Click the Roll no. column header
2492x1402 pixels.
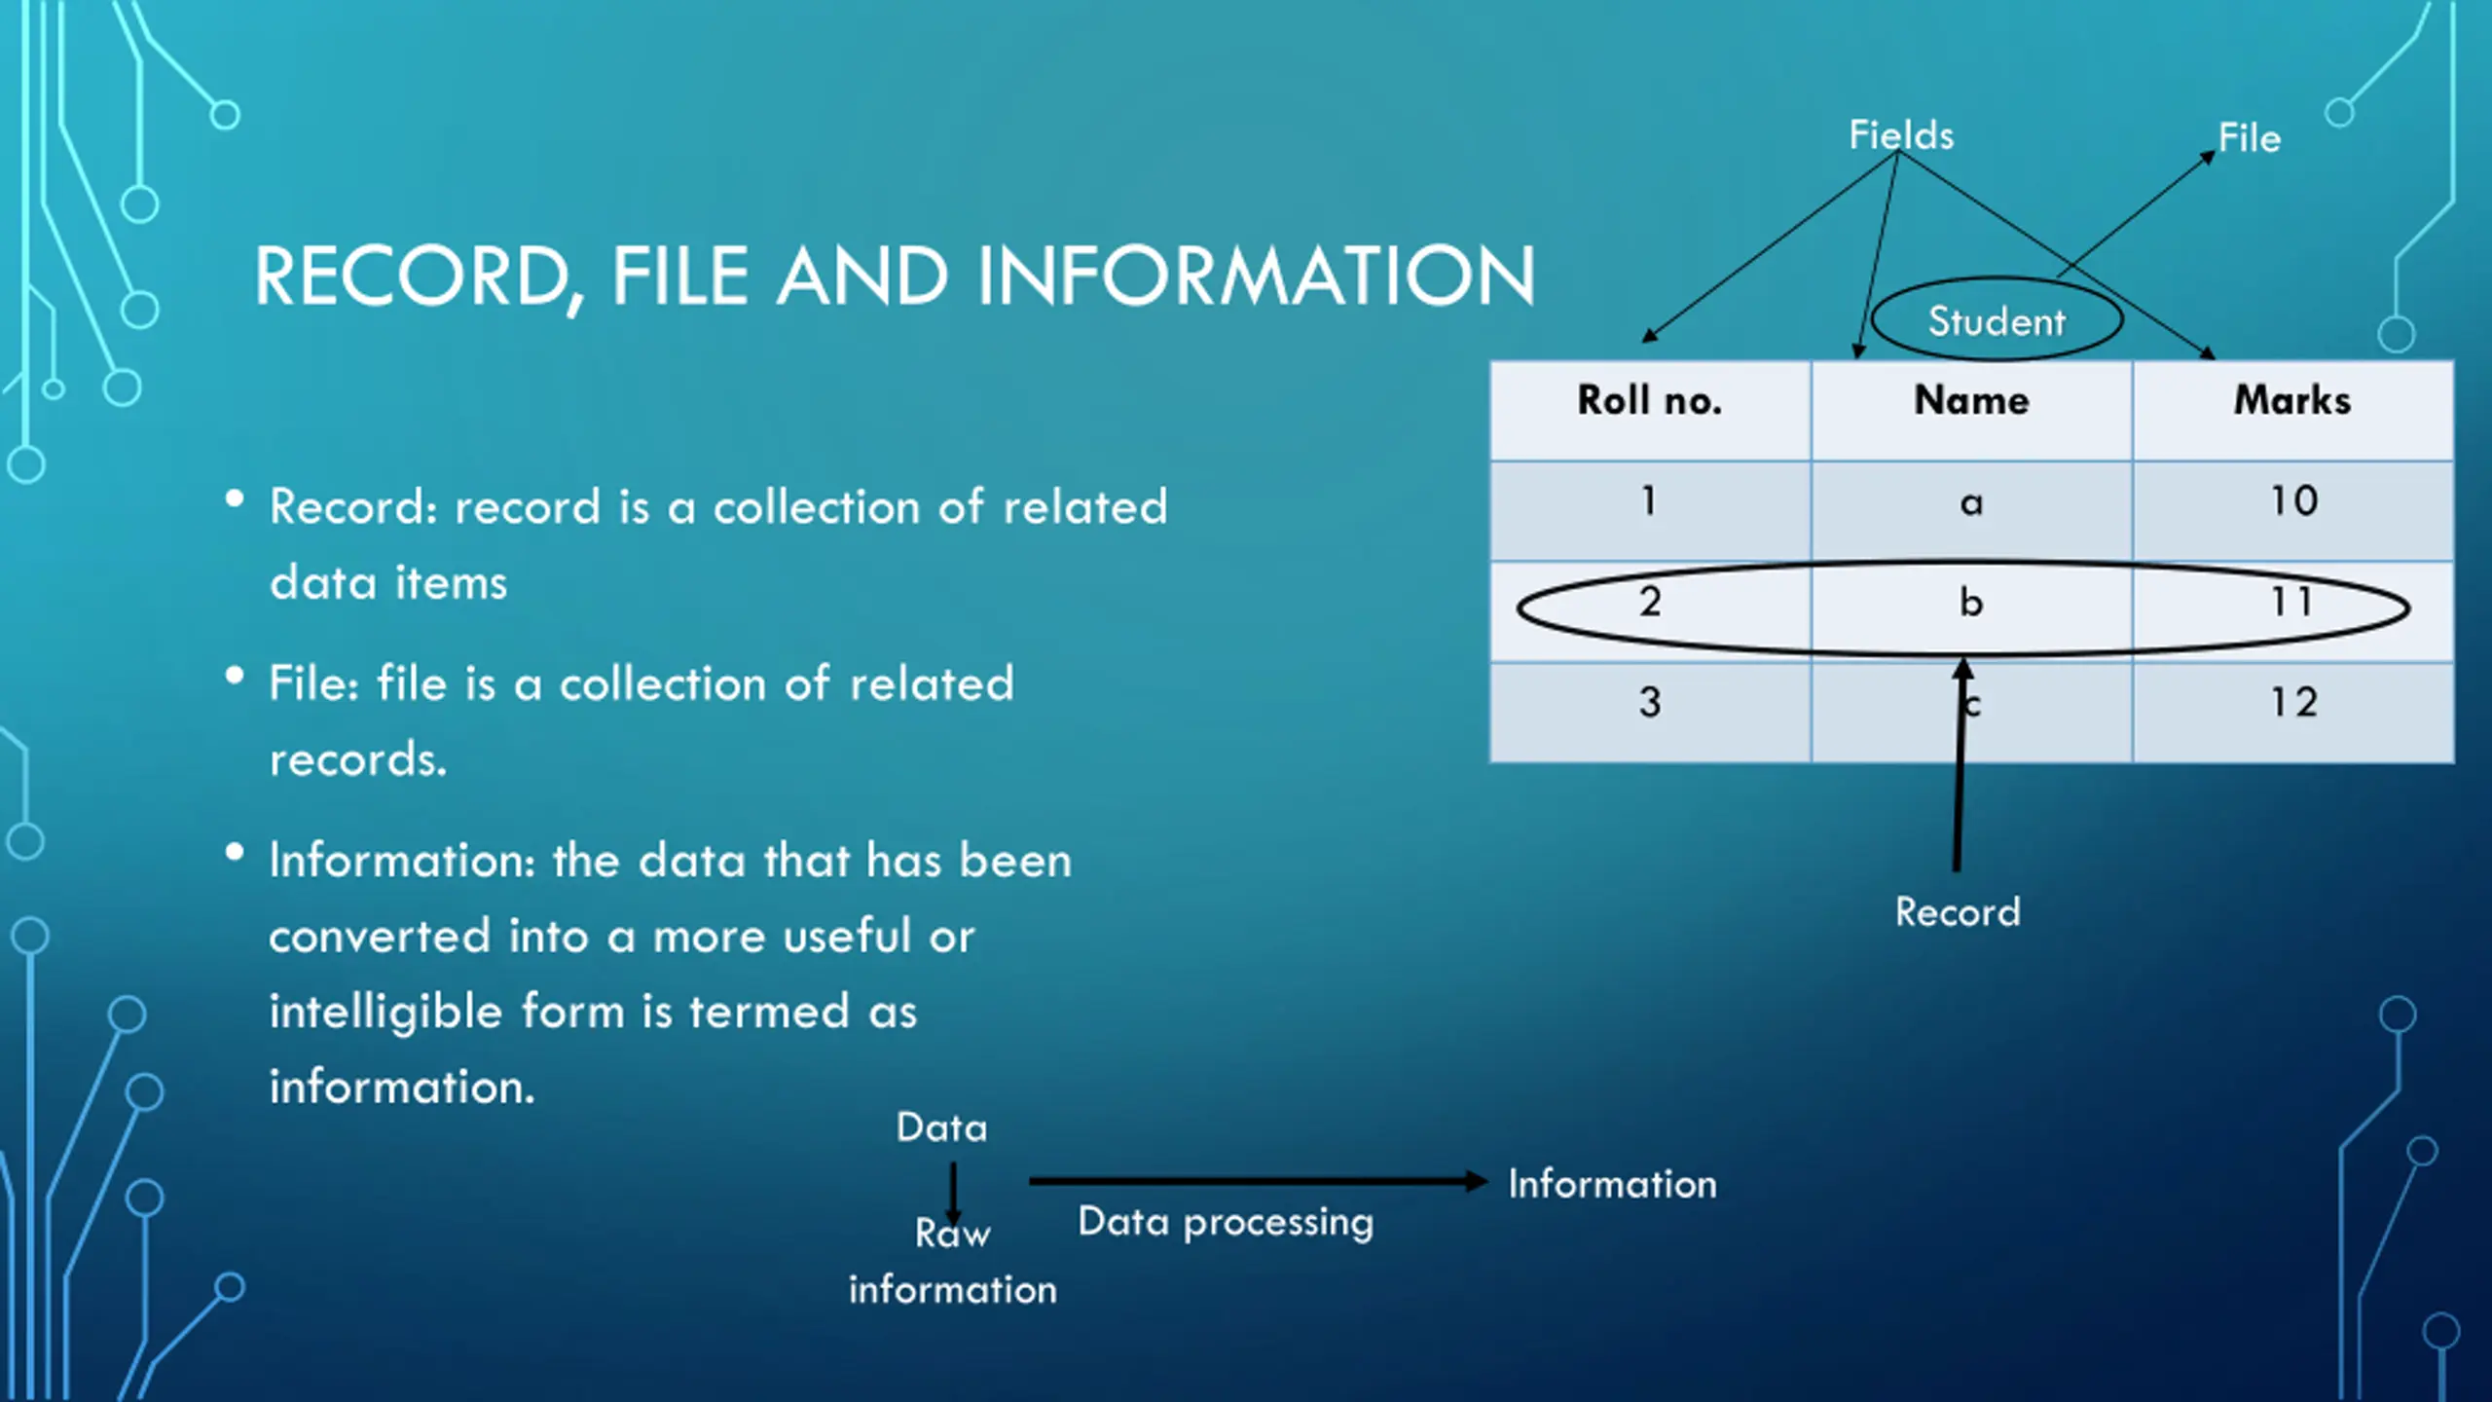[x=1649, y=401]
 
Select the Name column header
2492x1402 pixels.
[x=1971, y=401]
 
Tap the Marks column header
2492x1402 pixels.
[x=2292, y=401]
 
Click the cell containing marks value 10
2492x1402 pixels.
[x=2293, y=501]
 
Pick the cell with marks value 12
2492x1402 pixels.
[x=2293, y=703]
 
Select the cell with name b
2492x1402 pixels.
[x=1971, y=604]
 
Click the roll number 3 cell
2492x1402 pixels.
[x=1649, y=703]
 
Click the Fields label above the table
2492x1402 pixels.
[x=1901, y=135]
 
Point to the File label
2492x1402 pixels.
[x=2250, y=138]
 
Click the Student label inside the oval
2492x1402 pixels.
[x=1997, y=321]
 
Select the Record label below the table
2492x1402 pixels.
[x=1958, y=912]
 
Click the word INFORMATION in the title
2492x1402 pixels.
[x=1256, y=277]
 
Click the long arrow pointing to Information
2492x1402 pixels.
[x=1256, y=1182]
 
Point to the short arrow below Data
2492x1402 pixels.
[x=953, y=1192]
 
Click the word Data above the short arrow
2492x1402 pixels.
[x=941, y=1127]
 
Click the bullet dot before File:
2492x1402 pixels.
[x=235, y=676]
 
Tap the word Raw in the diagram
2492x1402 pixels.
[x=952, y=1235]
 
